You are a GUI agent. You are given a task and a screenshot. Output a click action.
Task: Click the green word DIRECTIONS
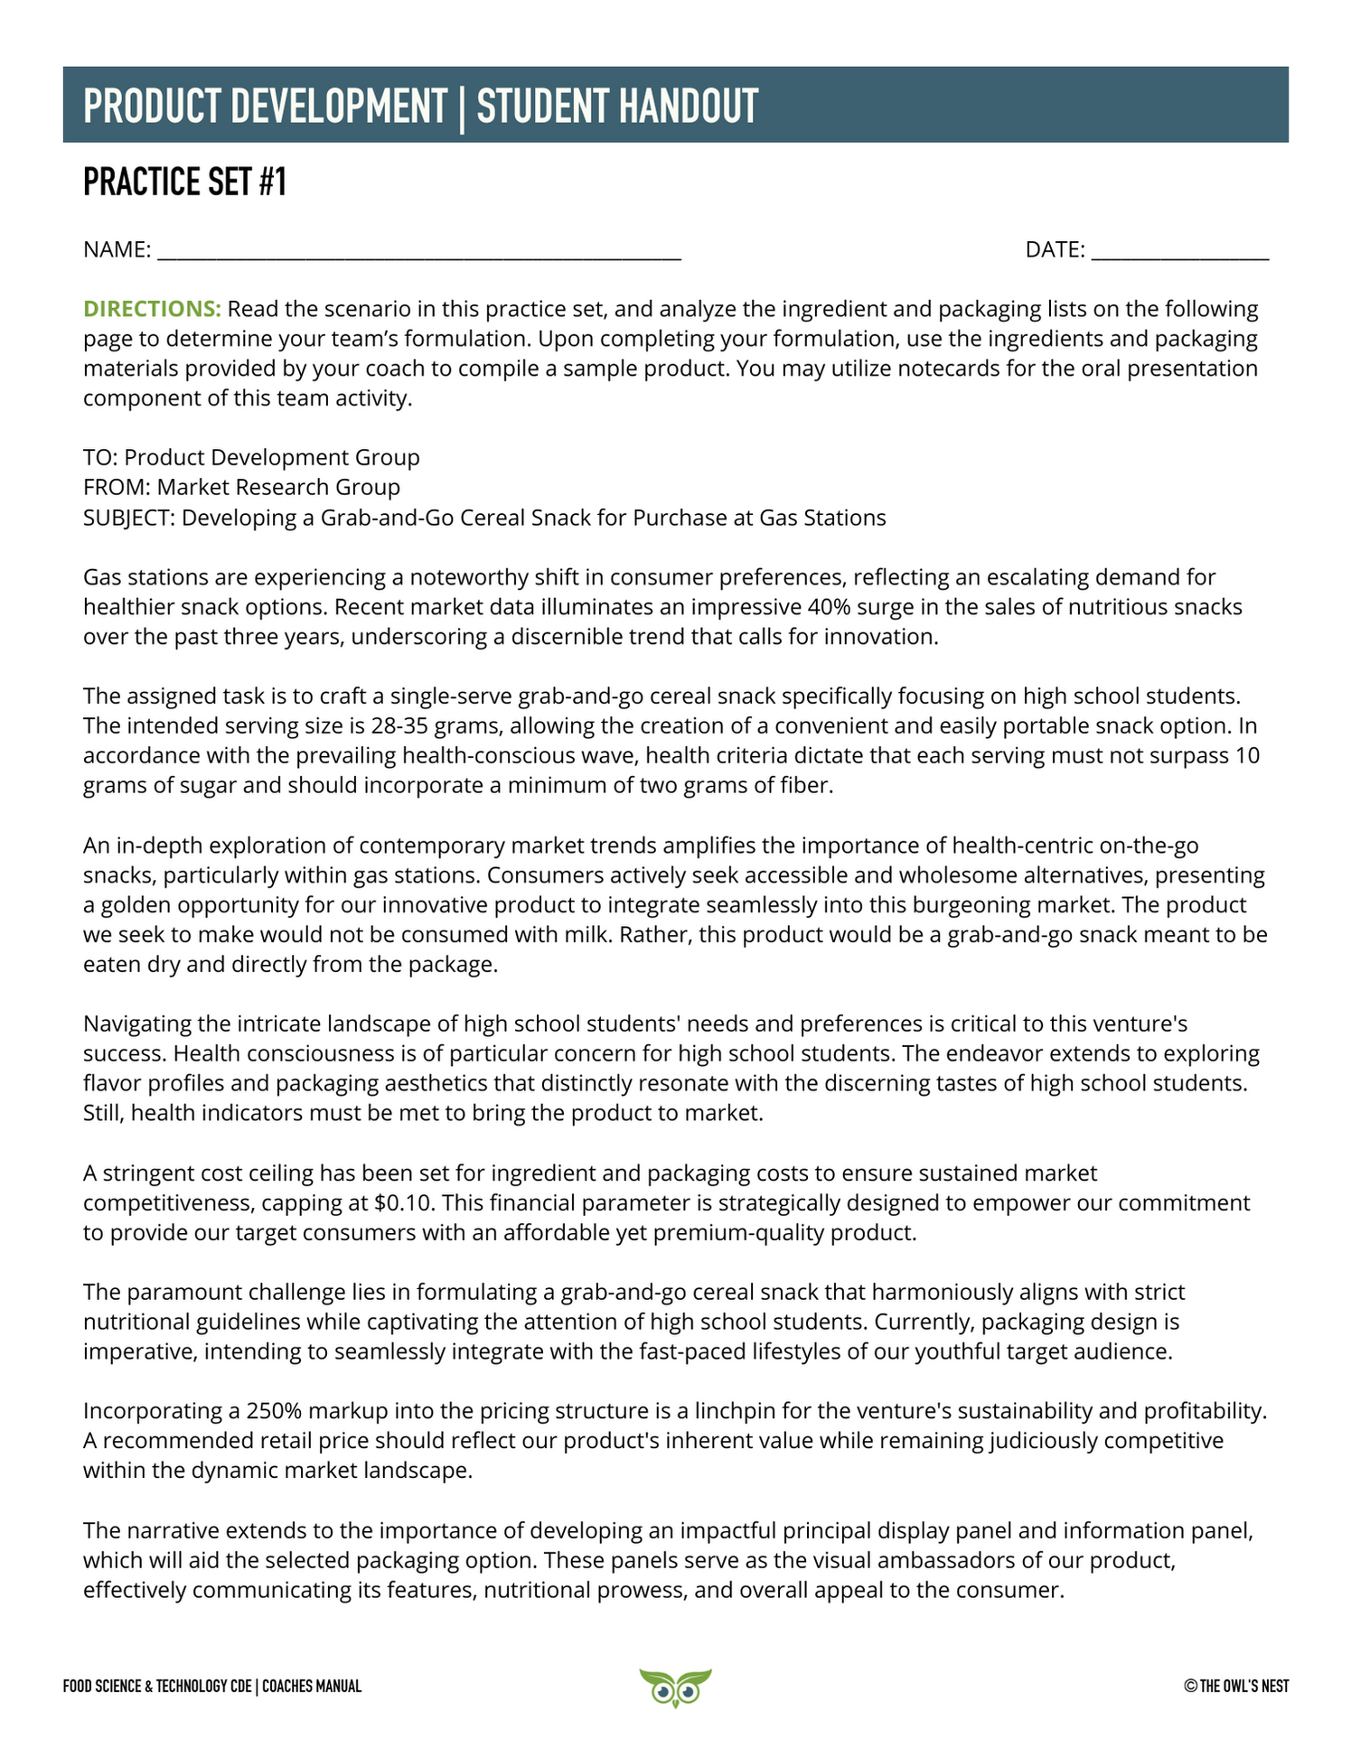coord(151,309)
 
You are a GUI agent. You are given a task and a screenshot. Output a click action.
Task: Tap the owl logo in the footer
coord(674,1687)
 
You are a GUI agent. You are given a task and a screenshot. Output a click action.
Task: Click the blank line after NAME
coord(418,251)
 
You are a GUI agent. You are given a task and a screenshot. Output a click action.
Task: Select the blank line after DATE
coord(1179,251)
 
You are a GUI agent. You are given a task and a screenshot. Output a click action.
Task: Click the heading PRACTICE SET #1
coord(184,182)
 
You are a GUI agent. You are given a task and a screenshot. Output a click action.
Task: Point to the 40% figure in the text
coord(829,607)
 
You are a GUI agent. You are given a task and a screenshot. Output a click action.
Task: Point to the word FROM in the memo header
coord(116,488)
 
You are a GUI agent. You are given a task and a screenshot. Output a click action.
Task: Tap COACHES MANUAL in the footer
coord(312,1686)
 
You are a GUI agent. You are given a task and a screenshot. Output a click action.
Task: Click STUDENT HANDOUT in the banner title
coord(617,106)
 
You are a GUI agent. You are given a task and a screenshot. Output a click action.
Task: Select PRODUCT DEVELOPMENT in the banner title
coord(265,106)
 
